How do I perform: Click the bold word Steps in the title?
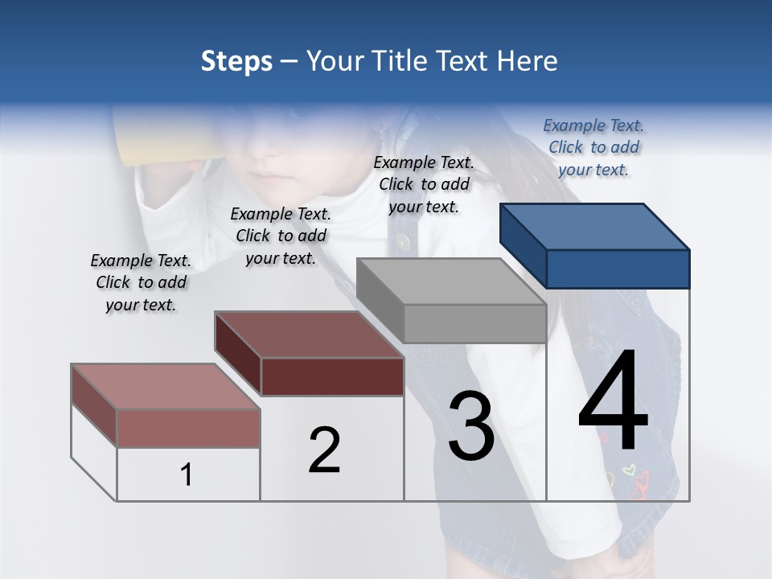pos(236,61)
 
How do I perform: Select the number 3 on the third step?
pos(471,426)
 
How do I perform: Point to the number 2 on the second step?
pos(325,450)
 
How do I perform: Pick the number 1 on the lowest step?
pos(187,475)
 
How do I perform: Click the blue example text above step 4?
pos(593,147)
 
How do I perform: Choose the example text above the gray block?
pos(424,184)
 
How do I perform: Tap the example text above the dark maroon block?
pos(281,236)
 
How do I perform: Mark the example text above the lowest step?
pos(141,282)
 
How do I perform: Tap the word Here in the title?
pos(528,61)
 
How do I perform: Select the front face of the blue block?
pos(618,269)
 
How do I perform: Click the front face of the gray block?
pos(474,324)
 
